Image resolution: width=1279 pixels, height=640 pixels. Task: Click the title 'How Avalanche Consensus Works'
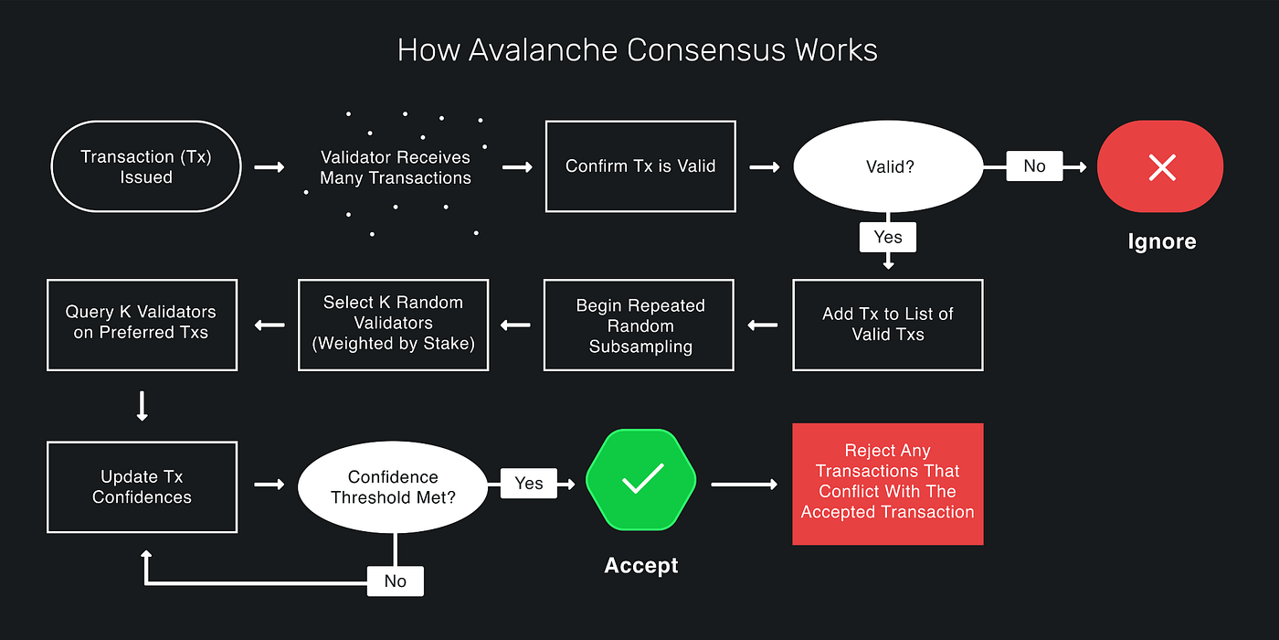click(638, 49)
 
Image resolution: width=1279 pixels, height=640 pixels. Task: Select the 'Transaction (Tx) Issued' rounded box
click(146, 166)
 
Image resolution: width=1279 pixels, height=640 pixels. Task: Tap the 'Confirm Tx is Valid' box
click(640, 166)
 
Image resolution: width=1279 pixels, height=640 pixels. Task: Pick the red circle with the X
click(1160, 166)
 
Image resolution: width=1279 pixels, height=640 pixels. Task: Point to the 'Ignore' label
click(1161, 241)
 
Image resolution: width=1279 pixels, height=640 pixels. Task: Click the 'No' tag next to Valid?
click(1034, 165)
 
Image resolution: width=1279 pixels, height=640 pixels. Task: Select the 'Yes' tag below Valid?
click(887, 237)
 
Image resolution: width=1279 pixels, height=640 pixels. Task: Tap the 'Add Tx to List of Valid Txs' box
click(887, 325)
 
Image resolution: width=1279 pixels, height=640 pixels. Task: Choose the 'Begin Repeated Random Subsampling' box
click(639, 325)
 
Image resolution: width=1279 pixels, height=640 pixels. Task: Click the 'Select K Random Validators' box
click(394, 324)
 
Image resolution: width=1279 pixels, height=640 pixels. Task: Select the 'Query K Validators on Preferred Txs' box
click(142, 324)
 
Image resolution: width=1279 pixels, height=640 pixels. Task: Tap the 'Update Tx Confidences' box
click(142, 487)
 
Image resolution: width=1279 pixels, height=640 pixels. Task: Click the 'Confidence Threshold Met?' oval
click(394, 487)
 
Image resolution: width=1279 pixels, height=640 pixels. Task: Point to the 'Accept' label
click(640, 566)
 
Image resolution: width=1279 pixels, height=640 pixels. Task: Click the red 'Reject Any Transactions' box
click(887, 484)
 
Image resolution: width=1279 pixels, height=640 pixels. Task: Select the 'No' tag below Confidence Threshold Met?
click(395, 581)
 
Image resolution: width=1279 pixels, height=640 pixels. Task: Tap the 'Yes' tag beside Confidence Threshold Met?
click(529, 483)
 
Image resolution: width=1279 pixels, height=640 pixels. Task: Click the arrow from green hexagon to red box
click(744, 484)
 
